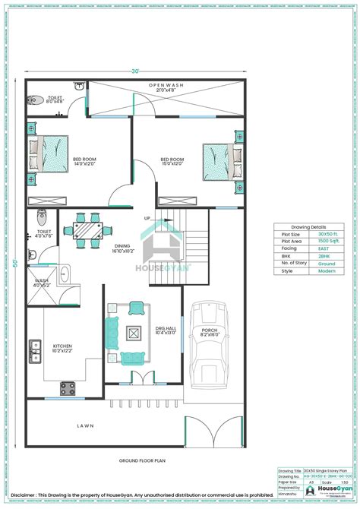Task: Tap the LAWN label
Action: point(84,426)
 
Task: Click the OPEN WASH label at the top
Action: point(166,84)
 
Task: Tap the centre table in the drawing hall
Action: point(133,333)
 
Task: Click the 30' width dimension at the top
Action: point(135,71)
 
